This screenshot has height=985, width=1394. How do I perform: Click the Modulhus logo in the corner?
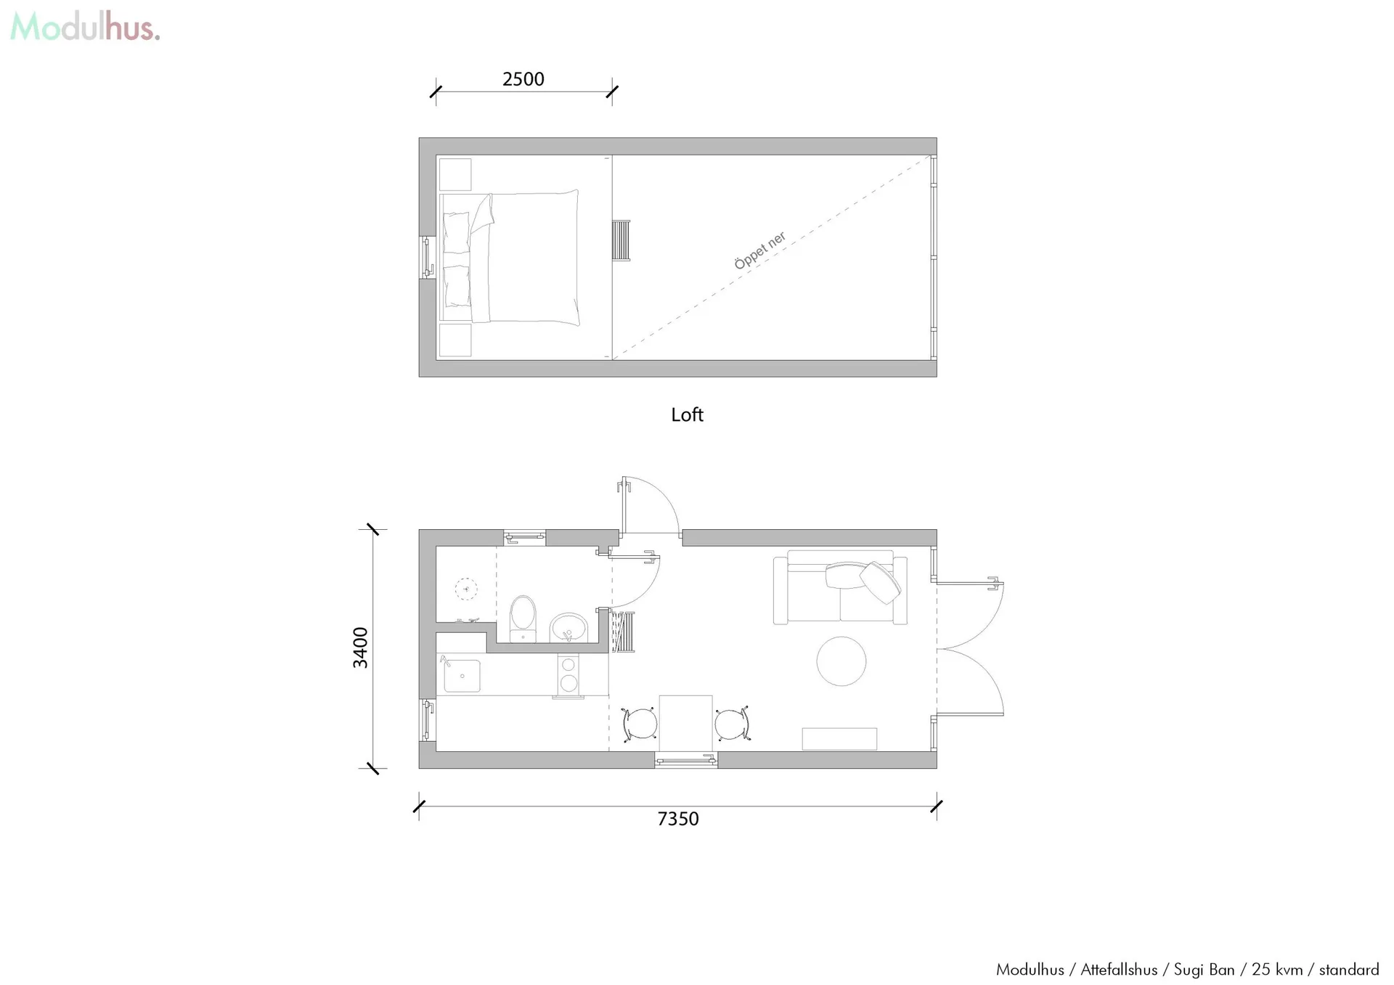click(85, 28)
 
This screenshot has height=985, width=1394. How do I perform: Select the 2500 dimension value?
click(523, 79)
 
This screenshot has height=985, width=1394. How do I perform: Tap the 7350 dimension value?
click(677, 819)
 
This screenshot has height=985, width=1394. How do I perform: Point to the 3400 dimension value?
click(360, 647)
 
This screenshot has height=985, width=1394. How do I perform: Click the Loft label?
click(687, 414)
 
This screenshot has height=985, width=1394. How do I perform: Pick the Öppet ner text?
click(760, 250)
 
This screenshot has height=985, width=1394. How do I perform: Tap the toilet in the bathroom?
click(523, 619)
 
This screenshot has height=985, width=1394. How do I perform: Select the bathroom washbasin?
click(568, 628)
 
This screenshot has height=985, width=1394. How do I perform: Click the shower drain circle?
click(466, 589)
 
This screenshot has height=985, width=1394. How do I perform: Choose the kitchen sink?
click(462, 675)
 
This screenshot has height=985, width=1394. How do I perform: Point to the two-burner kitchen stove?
click(568, 674)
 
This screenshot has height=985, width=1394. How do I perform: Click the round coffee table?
click(841, 661)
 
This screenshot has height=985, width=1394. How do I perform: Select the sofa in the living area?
click(840, 587)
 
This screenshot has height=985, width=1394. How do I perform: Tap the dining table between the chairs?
click(685, 724)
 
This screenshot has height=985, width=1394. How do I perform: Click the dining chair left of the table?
click(640, 724)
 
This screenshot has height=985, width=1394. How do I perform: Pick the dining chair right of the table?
click(732, 724)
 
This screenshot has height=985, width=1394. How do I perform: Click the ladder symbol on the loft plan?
click(621, 240)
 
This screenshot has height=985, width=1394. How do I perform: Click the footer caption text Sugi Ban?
click(1204, 970)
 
